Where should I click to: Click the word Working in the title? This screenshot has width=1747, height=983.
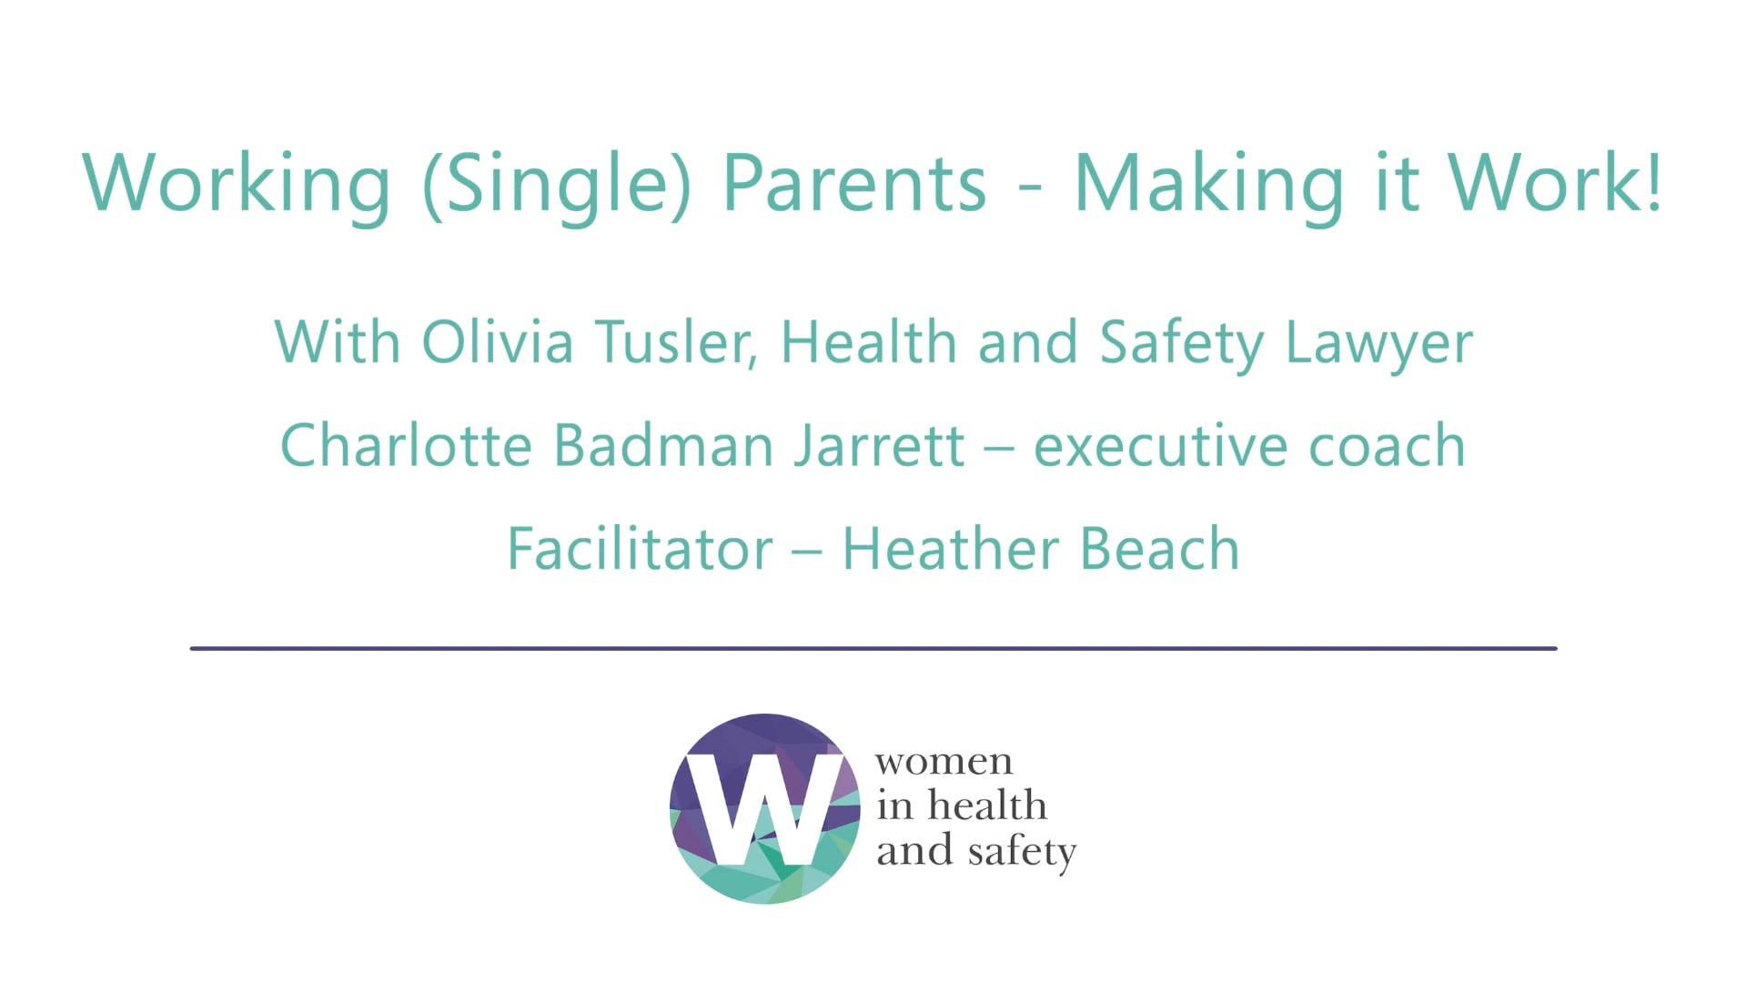(237, 184)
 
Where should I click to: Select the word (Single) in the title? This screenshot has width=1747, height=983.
(557, 184)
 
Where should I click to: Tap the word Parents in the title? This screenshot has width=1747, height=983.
(854, 184)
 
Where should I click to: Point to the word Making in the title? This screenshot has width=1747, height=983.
(1209, 184)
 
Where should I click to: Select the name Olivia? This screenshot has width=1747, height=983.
(497, 343)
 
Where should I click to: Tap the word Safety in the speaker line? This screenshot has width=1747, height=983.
(1182, 343)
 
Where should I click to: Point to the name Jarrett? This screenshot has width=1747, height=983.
(879, 446)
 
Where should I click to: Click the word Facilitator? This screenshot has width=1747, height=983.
(640, 550)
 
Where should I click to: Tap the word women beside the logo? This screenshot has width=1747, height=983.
(944, 763)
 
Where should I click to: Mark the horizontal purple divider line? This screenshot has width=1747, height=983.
(873, 648)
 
